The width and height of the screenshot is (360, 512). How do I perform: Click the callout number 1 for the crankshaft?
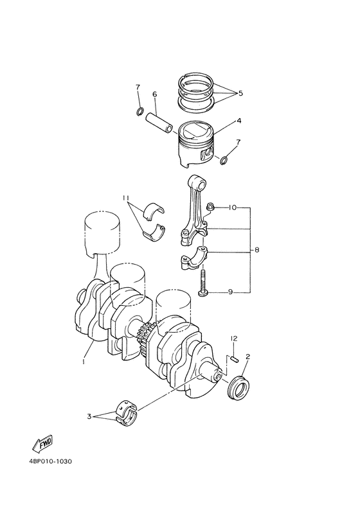[x=83, y=362]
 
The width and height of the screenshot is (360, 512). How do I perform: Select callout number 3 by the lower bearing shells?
[x=89, y=416]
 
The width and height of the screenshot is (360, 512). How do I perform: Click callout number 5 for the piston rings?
[x=240, y=93]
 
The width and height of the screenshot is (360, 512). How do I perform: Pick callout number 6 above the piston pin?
[x=154, y=94]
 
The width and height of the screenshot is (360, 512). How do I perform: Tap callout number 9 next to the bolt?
[x=231, y=292]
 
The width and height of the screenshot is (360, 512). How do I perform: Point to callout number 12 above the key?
[x=235, y=338]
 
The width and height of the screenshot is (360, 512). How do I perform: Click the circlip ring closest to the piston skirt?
[x=224, y=160]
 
